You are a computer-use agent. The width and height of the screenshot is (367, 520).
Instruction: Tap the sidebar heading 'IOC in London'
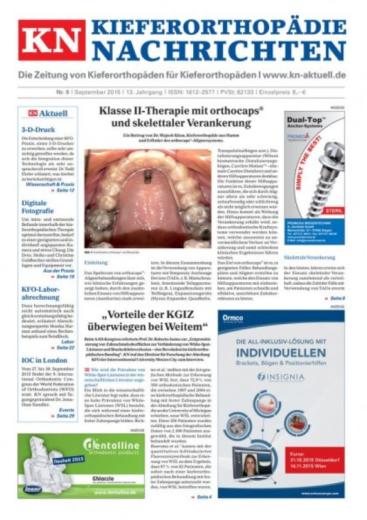(x=41, y=360)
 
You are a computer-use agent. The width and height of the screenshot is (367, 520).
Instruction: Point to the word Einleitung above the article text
(x=96, y=262)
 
